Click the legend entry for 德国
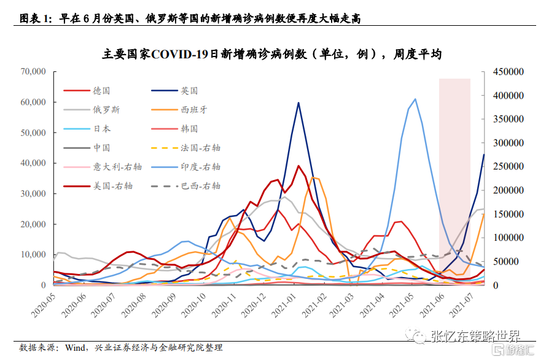point(101,91)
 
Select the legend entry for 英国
point(189,91)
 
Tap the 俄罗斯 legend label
point(106,110)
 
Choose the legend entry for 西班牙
point(193,110)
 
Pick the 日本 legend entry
point(101,129)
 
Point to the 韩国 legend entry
point(189,129)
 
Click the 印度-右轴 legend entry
point(200,166)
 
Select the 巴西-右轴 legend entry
point(200,186)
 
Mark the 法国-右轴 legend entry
point(200,148)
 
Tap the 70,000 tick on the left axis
point(33,72)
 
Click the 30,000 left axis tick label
point(33,194)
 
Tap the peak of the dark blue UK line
point(298,103)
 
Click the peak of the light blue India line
point(415,99)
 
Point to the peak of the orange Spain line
point(314,178)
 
